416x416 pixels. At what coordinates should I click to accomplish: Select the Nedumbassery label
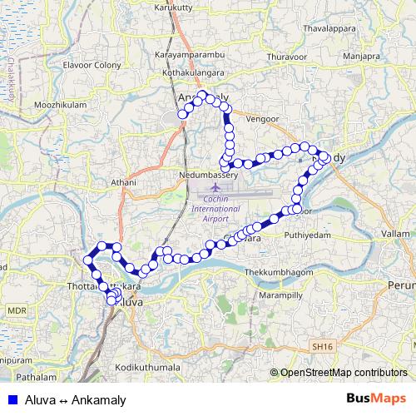pyautogui.click(x=209, y=176)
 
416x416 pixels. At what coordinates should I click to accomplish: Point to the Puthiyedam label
pyautogui.click(x=308, y=235)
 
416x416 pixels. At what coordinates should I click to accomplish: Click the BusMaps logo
pyautogui.click(x=376, y=399)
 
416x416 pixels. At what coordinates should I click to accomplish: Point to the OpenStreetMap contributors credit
pyautogui.click(x=344, y=373)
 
